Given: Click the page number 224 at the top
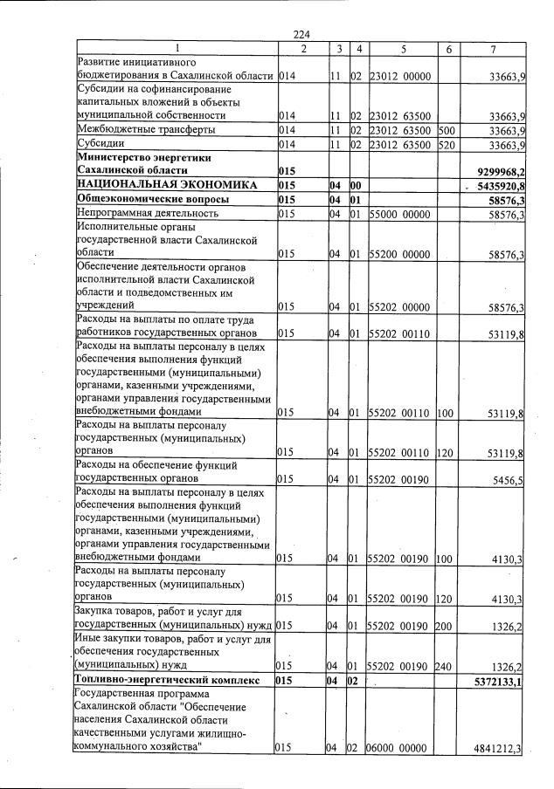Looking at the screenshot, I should pos(301,34).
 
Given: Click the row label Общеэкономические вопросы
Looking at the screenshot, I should pos(142,199).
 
